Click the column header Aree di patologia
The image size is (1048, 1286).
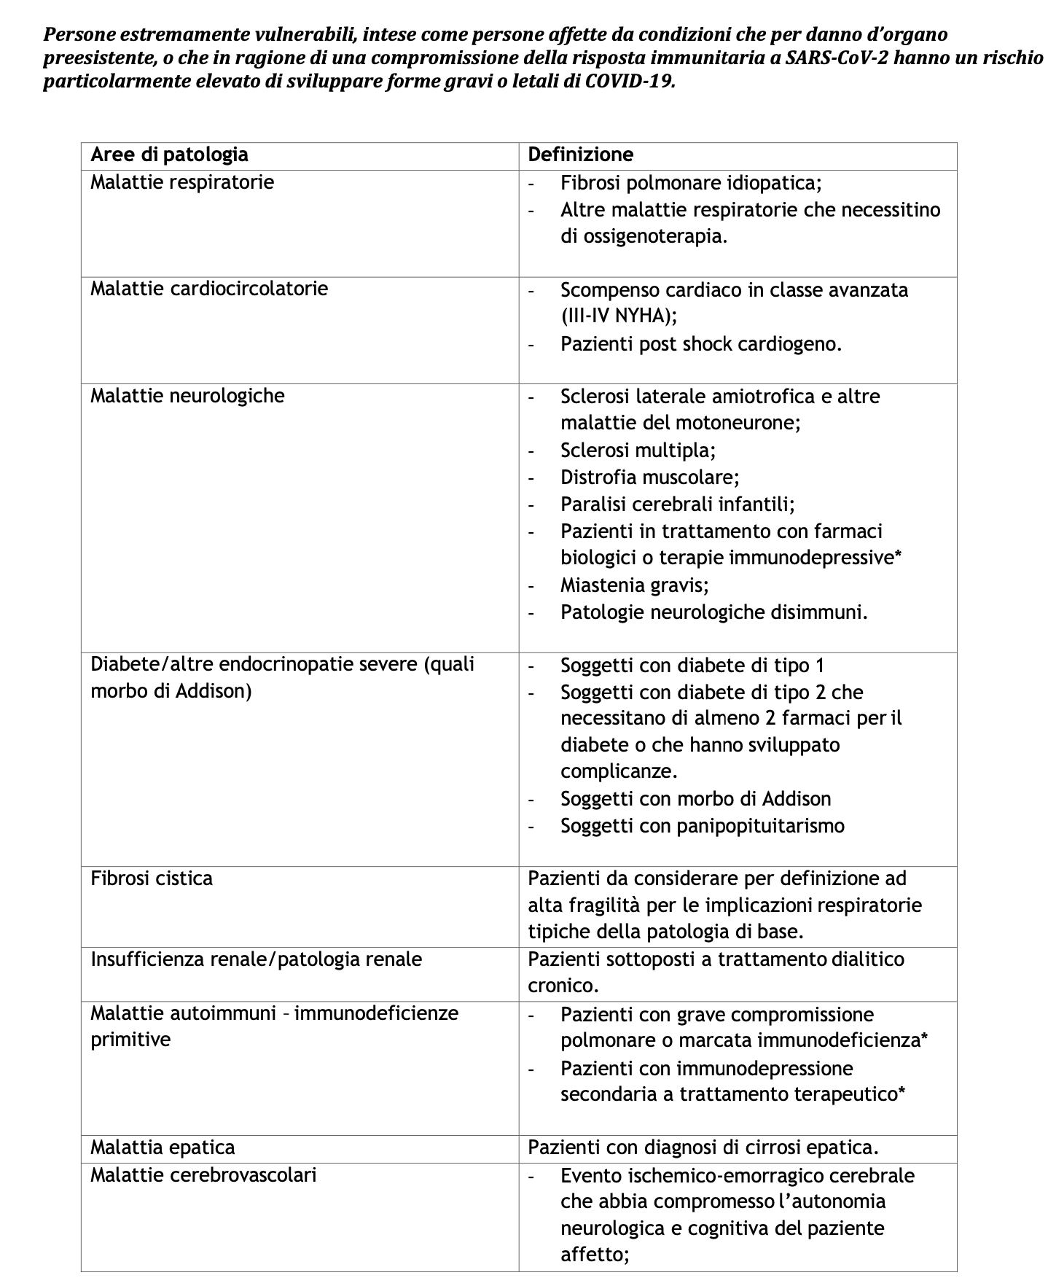(169, 155)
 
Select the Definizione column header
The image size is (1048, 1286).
(580, 155)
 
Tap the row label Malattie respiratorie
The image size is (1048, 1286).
(182, 182)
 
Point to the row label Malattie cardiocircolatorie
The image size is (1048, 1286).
(209, 289)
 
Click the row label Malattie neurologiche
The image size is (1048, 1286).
(187, 396)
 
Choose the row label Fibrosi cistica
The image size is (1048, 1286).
(152, 878)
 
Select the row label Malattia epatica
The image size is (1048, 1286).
(163, 1147)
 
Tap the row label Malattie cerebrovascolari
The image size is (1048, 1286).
(203, 1174)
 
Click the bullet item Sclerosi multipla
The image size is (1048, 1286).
(638, 450)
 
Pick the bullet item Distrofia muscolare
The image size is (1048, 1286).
(649, 477)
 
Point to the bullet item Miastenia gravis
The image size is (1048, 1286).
(634, 585)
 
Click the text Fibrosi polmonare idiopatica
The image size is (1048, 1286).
(691, 182)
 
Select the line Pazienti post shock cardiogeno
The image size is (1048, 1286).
(700, 343)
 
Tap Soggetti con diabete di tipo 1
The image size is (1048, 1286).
(692, 665)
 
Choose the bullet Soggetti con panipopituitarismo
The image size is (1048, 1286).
(702, 825)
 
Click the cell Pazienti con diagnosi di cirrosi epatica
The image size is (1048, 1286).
(703, 1147)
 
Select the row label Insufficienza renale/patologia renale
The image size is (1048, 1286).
(256, 959)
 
